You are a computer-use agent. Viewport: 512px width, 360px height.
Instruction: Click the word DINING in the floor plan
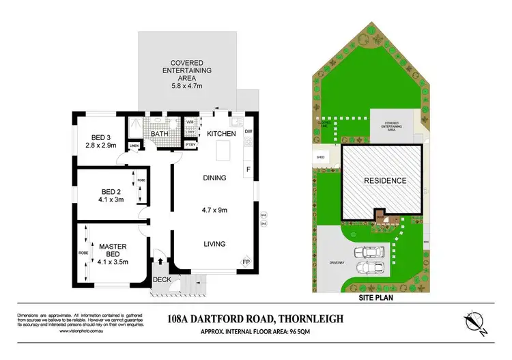click(214, 178)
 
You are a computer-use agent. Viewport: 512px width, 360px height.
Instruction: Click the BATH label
click(160, 134)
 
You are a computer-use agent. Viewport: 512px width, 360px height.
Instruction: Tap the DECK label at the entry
click(161, 279)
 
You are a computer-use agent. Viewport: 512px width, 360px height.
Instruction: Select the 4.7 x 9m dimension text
click(214, 210)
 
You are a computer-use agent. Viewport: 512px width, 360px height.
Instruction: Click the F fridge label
click(248, 168)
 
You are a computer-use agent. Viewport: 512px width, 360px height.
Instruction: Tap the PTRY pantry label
click(190, 145)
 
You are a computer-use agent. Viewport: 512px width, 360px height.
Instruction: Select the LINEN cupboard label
click(134, 146)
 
